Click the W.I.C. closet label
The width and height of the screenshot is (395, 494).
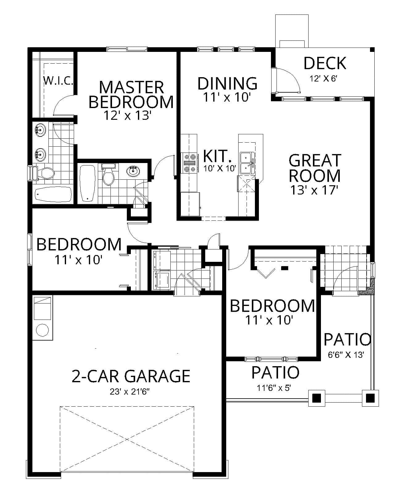tap(58, 81)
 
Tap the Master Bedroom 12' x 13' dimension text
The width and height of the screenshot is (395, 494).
tap(127, 115)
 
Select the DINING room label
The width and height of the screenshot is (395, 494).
tap(227, 83)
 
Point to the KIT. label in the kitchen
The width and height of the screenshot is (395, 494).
tap(217, 156)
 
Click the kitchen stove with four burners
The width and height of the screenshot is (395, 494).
tap(190, 163)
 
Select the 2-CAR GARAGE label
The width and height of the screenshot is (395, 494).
tap(131, 376)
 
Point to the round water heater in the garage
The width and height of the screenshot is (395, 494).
tap(43, 330)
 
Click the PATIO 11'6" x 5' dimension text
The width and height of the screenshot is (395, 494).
tap(275, 388)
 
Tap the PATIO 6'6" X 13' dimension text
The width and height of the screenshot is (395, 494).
tap(346, 355)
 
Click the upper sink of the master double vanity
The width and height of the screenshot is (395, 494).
tap(40, 130)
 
